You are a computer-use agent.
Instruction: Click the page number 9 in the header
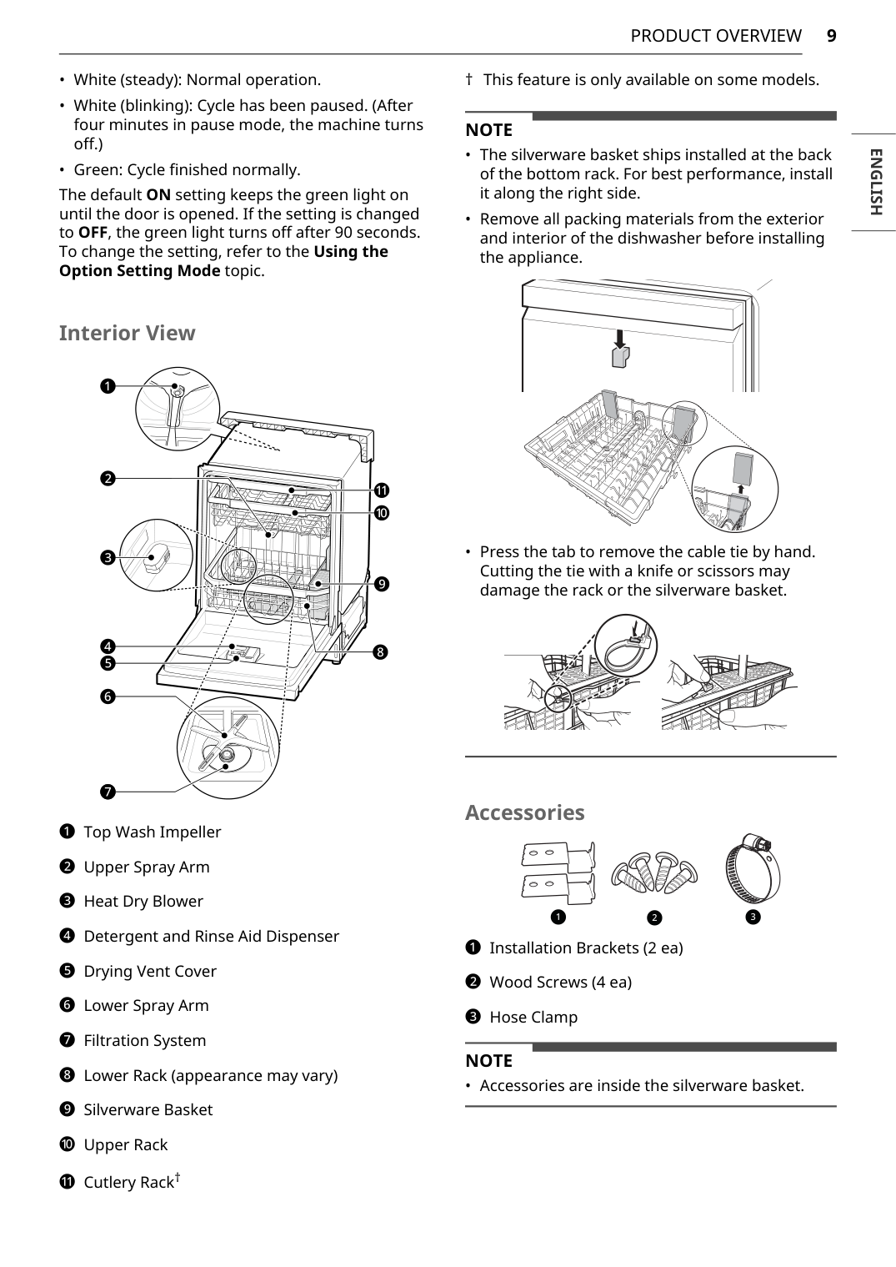click(x=831, y=36)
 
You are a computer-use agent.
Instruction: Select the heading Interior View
click(x=127, y=333)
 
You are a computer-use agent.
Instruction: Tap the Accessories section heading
click(x=524, y=812)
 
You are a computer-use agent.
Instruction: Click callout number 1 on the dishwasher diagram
click(x=108, y=386)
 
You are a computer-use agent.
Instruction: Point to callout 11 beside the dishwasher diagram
click(x=381, y=490)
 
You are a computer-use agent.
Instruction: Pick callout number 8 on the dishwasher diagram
click(x=380, y=651)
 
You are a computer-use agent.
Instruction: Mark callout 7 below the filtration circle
click(x=108, y=791)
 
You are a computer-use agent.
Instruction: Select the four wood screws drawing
click(x=654, y=873)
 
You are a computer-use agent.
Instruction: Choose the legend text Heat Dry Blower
click(x=143, y=901)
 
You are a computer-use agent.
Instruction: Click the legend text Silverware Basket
click(x=148, y=1109)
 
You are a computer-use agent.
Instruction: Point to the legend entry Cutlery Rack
click(x=128, y=1182)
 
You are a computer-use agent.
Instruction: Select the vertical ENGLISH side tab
click(x=874, y=182)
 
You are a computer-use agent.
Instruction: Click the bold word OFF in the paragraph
click(x=92, y=232)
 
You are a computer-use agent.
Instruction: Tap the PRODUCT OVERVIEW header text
click(x=715, y=36)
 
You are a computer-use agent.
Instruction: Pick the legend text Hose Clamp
click(x=533, y=1017)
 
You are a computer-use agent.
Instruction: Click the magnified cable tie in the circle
click(x=626, y=647)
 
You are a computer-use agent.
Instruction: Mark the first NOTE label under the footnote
click(x=488, y=130)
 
